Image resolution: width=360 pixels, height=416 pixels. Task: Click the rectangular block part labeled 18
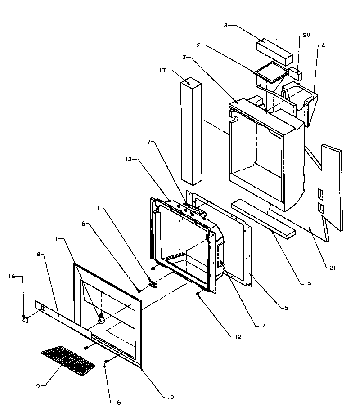[274, 51]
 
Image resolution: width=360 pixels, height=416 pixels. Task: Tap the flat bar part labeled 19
[263, 219]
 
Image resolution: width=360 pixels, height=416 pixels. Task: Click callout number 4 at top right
[322, 45]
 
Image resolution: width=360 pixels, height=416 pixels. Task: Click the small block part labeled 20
[295, 72]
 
